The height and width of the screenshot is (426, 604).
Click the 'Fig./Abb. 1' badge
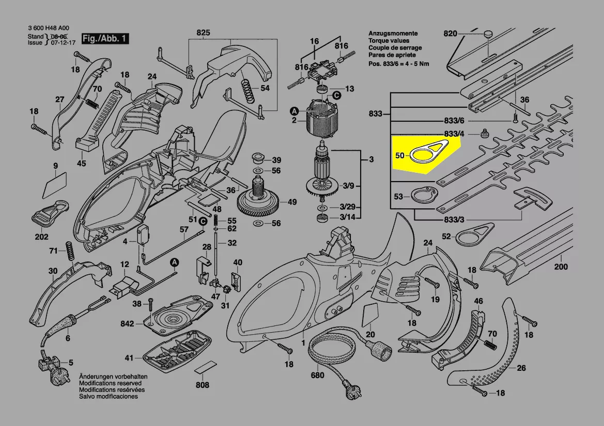pos(105,39)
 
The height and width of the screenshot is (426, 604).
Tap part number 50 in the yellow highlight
pos(399,155)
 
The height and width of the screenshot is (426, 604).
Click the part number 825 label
pos(204,33)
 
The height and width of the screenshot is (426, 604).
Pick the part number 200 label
pos(561,267)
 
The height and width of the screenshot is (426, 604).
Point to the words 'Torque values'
pos(389,40)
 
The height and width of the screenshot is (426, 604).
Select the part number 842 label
pos(127,324)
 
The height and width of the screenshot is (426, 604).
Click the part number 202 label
pos(41,237)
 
